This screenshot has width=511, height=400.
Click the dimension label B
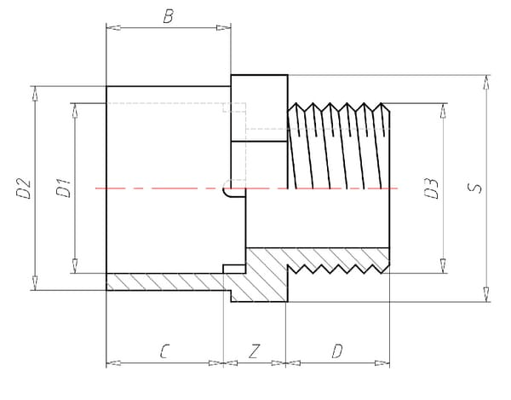pos(169,15)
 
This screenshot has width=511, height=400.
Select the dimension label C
pos(164,351)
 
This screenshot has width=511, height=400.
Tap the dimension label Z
pos(254,351)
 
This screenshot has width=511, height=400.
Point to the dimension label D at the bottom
pos(337,351)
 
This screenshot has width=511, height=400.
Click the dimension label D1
pos(62,188)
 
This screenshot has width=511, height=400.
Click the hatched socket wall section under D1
pos(162,281)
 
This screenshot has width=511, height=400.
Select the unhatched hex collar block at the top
pos(260,107)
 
